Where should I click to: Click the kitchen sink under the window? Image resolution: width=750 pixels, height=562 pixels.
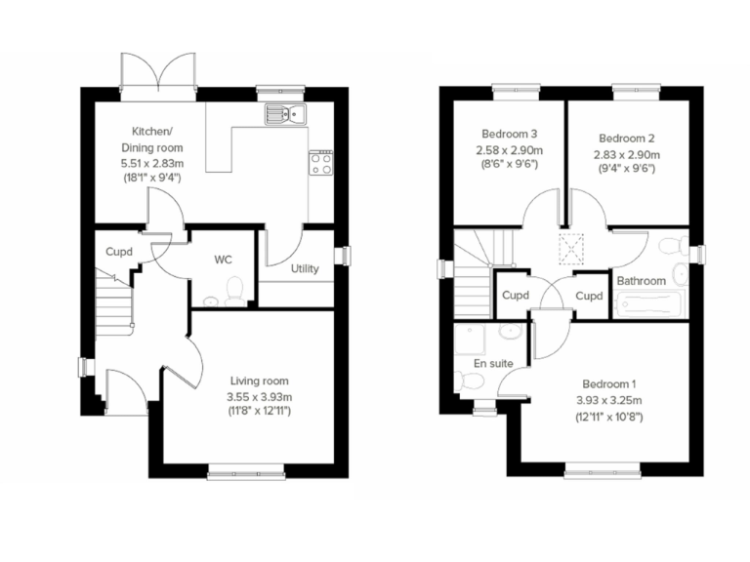tap(284, 114)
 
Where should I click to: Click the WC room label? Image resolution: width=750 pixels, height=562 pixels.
tap(223, 260)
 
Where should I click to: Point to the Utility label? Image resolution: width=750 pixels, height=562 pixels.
tap(305, 268)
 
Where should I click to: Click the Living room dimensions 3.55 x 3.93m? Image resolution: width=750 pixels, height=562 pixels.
tap(260, 396)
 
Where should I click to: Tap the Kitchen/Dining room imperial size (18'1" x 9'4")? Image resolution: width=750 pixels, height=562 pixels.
tap(150, 178)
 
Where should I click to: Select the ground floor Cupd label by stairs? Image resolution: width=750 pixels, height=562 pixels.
tap(120, 252)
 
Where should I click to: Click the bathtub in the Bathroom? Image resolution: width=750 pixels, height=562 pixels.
tap(651, 303)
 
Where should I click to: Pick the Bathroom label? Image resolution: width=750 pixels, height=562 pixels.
tap(641, 281)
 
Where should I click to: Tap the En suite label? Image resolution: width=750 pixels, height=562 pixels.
tap(493, 363)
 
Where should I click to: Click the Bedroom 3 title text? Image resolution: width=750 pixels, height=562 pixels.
tap(509, 134)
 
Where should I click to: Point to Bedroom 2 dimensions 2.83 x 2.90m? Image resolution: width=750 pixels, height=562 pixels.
tap(626, 154)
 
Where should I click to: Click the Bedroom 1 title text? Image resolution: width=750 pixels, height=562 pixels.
tap(608, 383)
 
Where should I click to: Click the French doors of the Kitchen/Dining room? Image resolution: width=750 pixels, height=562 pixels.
tap(157, 72)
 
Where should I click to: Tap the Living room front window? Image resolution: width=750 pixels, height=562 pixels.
tap(246, 475)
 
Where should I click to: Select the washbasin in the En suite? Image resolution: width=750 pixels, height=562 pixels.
tap(509, 333)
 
